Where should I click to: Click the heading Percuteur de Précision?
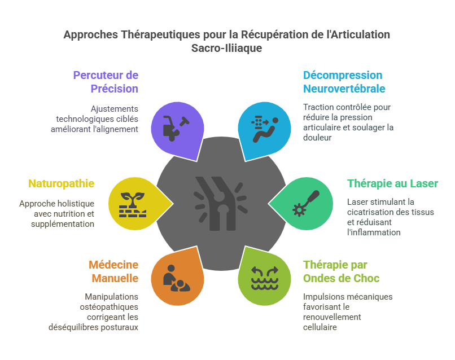click(x=106, y=82)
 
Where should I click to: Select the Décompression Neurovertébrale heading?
click(x=344, y=82)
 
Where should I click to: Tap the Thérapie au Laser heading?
click(x=392, y=183)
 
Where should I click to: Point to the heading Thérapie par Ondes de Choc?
click(x=341, y=271)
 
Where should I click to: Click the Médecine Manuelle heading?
click(x=113, y=271)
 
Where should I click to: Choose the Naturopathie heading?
click(x=62, y=183)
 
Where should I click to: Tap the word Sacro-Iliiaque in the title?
click(x=227, y=49)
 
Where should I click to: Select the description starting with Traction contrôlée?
click(x=348, y=122)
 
